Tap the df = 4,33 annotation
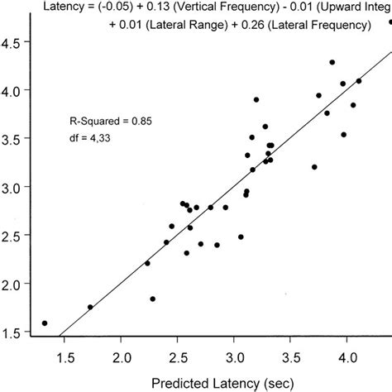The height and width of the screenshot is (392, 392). tap(92, 139)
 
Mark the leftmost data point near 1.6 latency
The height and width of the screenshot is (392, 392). tap(44, 323)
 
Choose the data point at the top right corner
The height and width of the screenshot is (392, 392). tap(389, 22)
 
